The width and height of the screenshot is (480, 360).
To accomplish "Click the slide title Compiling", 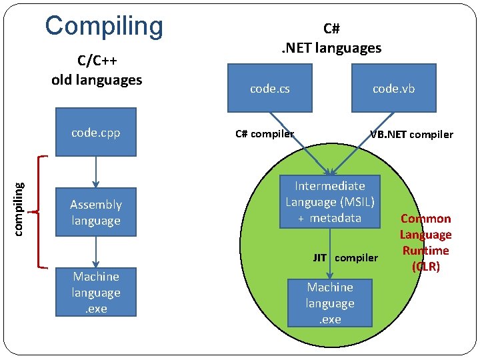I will point(104,25).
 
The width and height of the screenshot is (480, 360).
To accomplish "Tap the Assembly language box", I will point(96,213).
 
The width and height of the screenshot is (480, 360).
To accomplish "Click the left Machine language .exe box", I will point(96,293).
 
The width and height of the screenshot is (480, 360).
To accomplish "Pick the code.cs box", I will point(270,87).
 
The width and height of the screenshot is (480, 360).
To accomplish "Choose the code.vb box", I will point(393,87).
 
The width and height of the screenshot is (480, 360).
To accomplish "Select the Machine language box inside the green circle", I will point(330,303).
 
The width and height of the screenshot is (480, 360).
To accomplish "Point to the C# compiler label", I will point(265,133).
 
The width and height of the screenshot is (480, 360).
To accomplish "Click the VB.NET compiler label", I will point(411,134).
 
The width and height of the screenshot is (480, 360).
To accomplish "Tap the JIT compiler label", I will point(345,257).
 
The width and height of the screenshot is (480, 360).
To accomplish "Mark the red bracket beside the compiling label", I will point(40,211).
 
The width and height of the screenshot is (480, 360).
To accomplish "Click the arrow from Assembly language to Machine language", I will point(96,252).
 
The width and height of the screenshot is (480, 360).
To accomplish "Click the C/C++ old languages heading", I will point(97,71).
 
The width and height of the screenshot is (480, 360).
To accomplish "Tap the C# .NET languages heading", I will point(331,38).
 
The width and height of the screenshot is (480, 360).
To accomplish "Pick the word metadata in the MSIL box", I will point(335,218).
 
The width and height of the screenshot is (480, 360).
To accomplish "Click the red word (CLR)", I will point(425,267).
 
